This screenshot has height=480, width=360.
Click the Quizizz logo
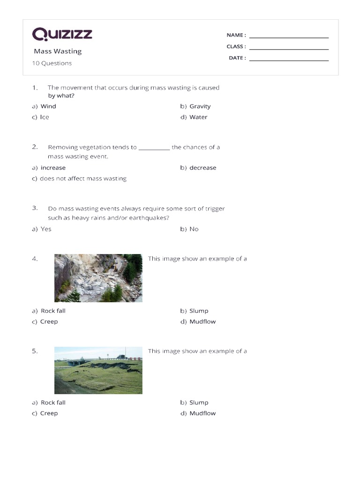point(62,34)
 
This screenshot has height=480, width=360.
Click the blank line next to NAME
point(289,37)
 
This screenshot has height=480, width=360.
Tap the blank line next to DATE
point(289,60)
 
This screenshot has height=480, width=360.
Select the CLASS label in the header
point(236,46)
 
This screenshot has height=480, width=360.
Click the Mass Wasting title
point(58,51)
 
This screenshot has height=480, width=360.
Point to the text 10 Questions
point(52,63)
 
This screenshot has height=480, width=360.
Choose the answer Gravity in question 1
point(200,106)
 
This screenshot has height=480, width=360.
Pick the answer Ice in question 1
point(44,117)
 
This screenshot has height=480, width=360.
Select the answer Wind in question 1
point(48,106)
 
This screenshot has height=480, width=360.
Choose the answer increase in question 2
point(53,168)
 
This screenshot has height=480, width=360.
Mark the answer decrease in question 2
point(202,168)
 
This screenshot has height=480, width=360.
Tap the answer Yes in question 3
point(46,229)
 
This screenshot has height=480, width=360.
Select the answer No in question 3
point(194,229)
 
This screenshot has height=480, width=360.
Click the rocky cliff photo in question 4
point(98,278)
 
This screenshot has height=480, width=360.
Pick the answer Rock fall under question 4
point(53,311)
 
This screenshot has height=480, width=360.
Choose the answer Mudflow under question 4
point(202,322)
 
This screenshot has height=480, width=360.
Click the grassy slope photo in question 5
point(98,370)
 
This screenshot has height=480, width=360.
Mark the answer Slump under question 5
point(199,403)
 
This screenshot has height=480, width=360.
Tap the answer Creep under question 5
point(49,413)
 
